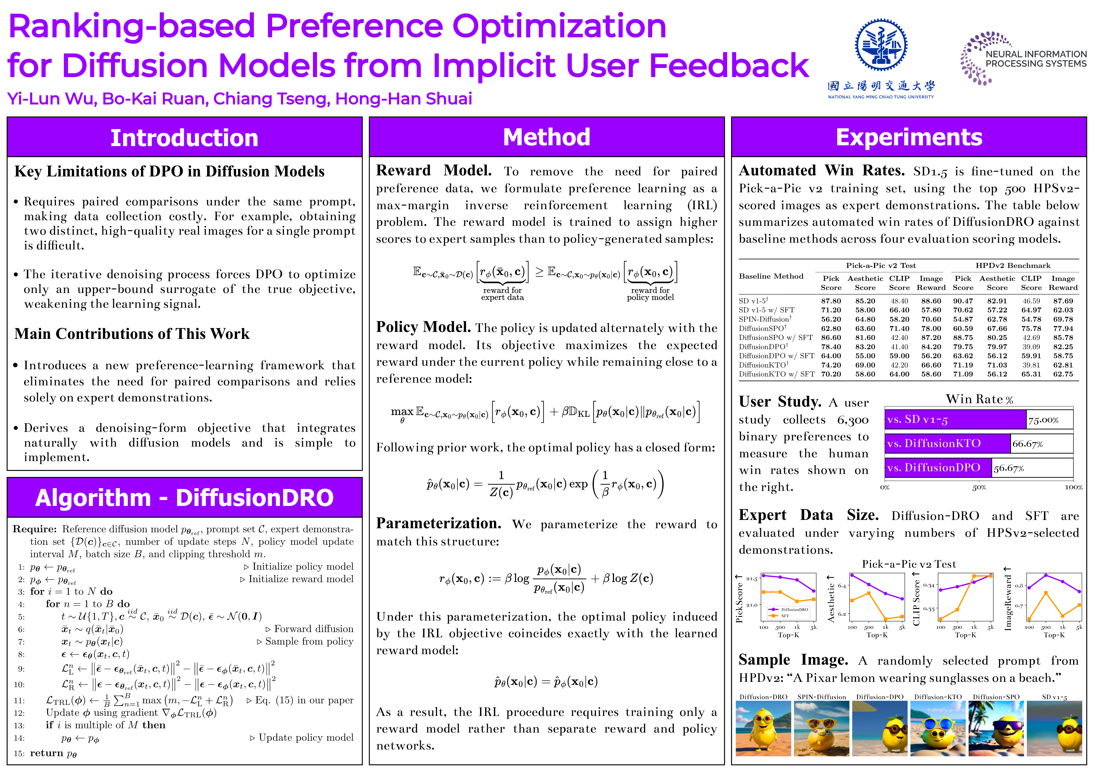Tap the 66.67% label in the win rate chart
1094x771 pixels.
coord(1027,444)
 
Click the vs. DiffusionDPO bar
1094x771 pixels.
coord(938,468)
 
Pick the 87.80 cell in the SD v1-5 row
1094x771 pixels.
coord(831,301)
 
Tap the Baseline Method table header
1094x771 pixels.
coord(771,276)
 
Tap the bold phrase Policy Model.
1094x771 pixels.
coord(423,327)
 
